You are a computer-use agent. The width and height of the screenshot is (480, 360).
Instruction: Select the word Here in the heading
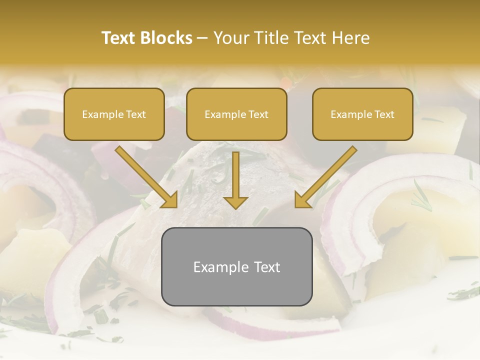[x=351, y=38]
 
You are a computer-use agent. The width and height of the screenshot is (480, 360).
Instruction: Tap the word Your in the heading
[x=230, y=38]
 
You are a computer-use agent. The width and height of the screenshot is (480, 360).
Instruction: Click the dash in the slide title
[x=202, y=38]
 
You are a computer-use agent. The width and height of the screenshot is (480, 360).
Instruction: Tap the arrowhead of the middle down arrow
[x=236, y=202]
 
